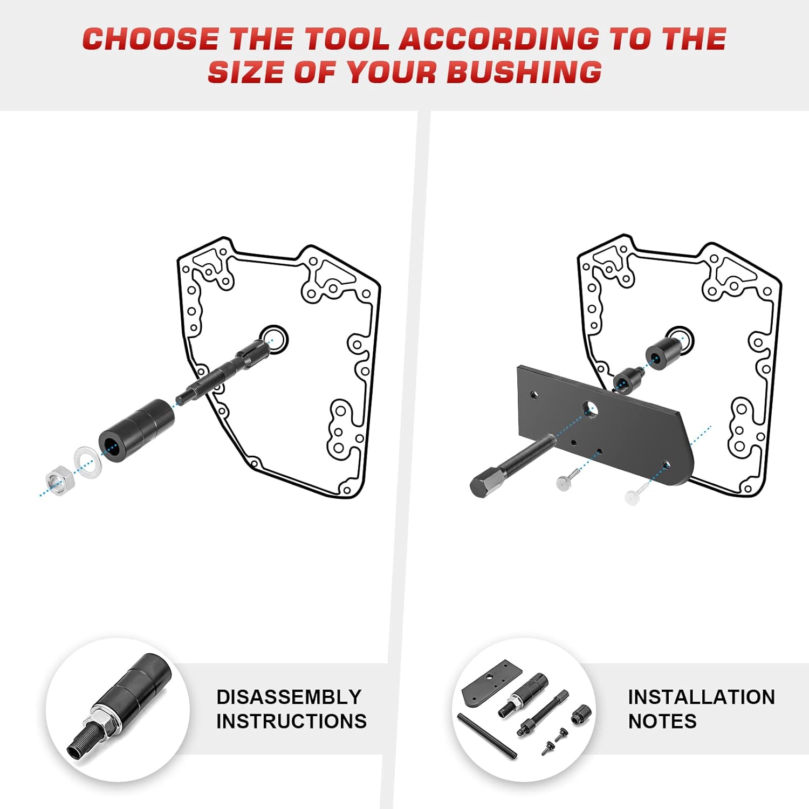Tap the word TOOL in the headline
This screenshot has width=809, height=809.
click(x=347, y=39)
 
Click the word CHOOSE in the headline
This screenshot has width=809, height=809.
click(x=150, y=39)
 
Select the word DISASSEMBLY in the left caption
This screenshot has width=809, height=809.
click(x=289, y=697)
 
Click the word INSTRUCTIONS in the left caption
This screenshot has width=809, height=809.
click(x=291, y=721)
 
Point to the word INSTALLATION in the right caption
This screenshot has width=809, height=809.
click(x=701, y=697)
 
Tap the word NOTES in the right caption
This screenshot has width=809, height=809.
click(x=662, y=721)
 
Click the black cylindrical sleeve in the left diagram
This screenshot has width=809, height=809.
click(x=136, y=430)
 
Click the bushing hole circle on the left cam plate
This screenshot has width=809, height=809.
click(x=273, y=340)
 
